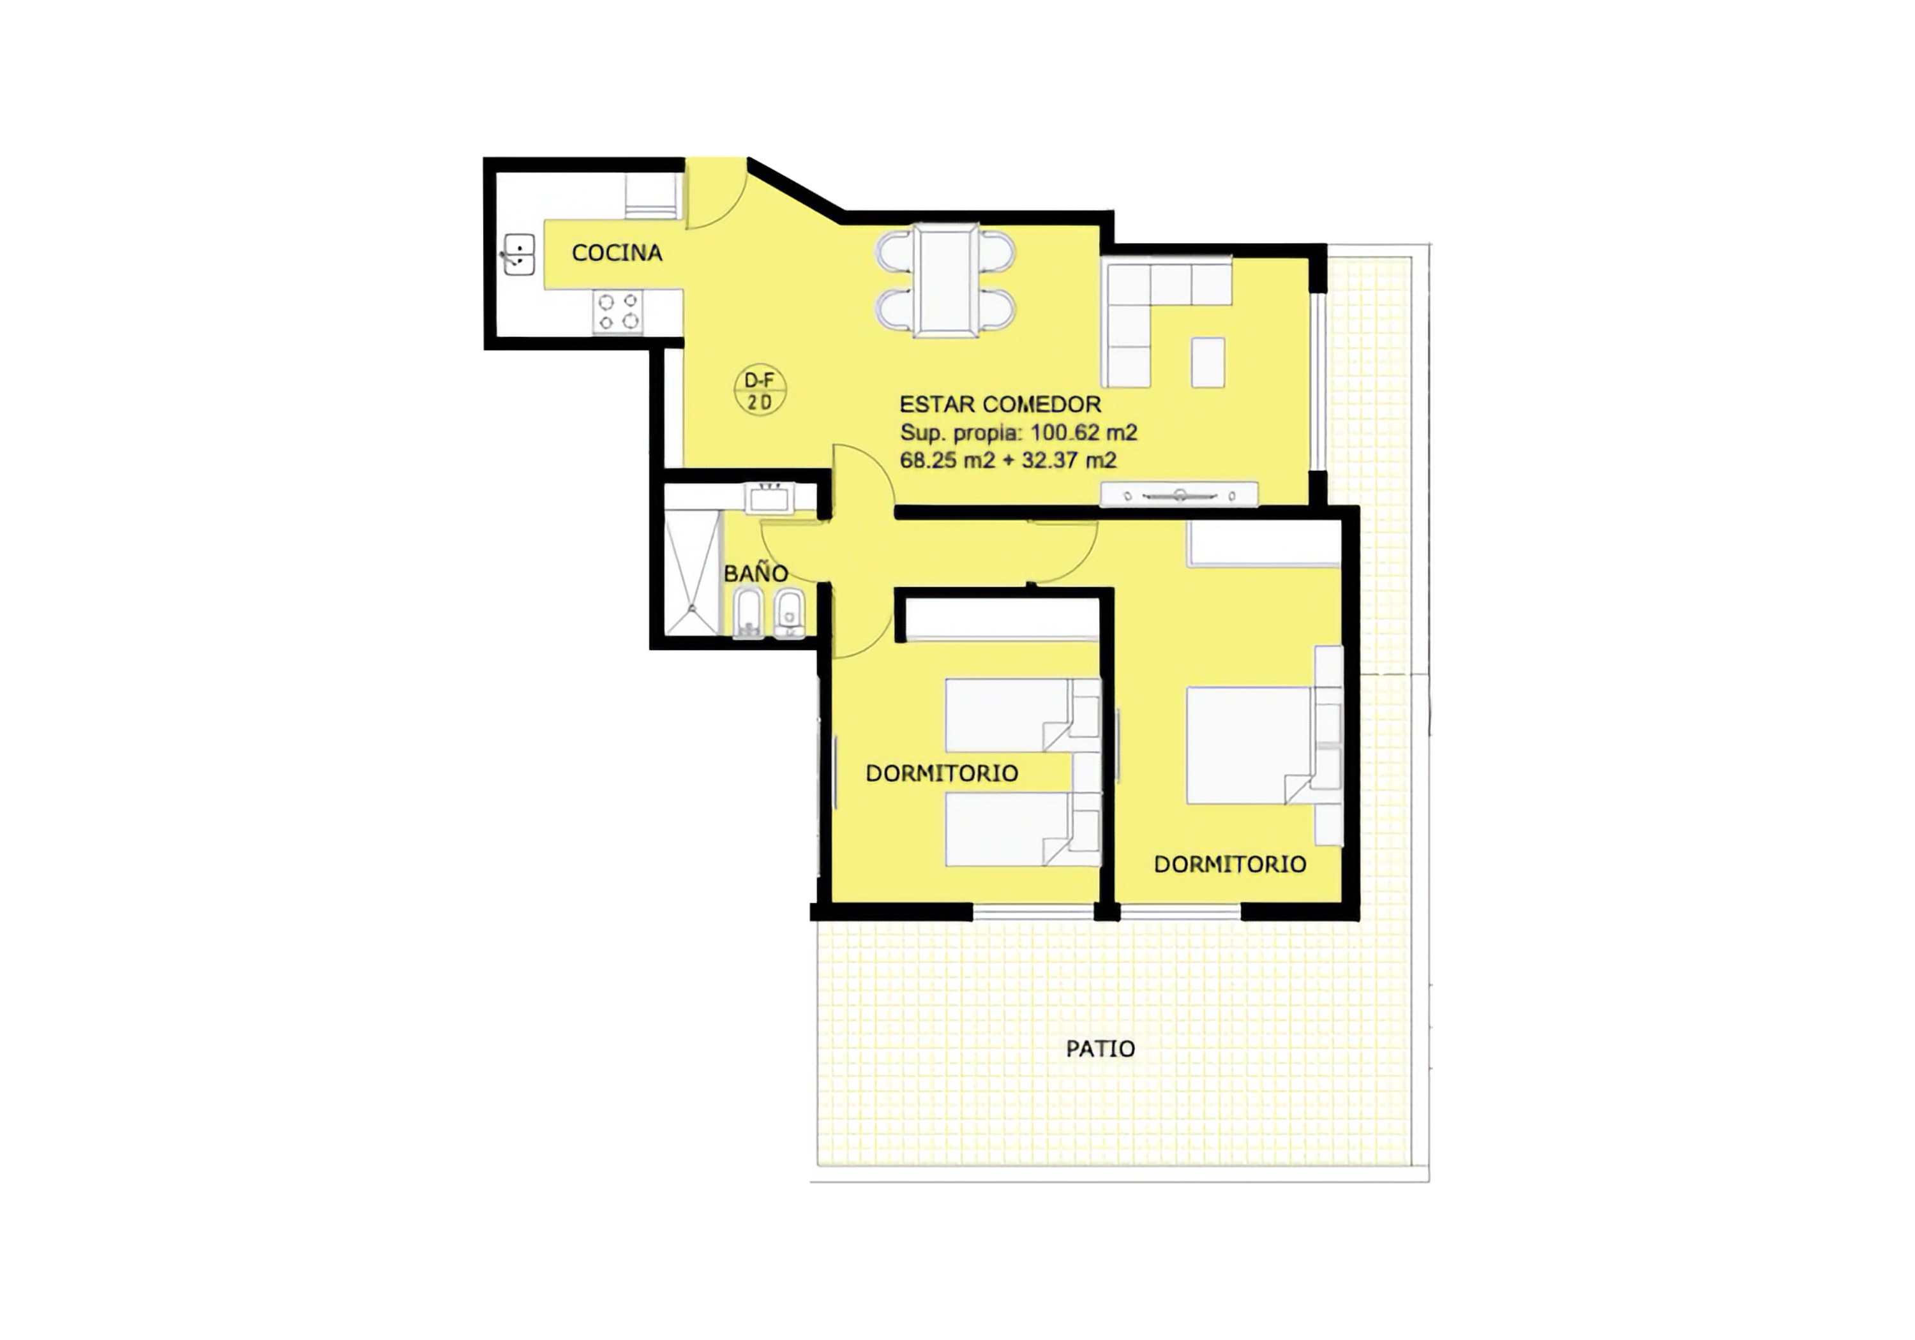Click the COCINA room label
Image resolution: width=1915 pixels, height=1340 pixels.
(617, 253)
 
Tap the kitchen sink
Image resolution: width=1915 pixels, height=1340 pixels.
(519, 255)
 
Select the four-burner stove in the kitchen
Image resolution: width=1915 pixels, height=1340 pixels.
(618, 311)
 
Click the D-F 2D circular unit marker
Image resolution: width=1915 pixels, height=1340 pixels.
(759, 391)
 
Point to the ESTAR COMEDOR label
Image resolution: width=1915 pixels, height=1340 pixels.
(1000, 405)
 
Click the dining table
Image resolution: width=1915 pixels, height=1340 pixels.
(946, 279)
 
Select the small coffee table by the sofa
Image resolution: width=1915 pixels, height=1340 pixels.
(1208, 362)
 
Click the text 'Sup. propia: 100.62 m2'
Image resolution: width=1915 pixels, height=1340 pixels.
(1018, 433)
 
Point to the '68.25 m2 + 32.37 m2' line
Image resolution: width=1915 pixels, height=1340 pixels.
(1009, 460)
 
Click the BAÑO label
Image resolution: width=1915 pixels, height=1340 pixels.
(756, 573)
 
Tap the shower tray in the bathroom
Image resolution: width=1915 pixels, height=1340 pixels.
(691, 572)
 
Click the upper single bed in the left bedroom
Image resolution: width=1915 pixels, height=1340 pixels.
(1022, 715)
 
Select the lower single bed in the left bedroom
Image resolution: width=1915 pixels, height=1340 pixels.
(1022, 829)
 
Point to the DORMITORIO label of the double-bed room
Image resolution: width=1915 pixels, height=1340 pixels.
(1229, 864)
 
